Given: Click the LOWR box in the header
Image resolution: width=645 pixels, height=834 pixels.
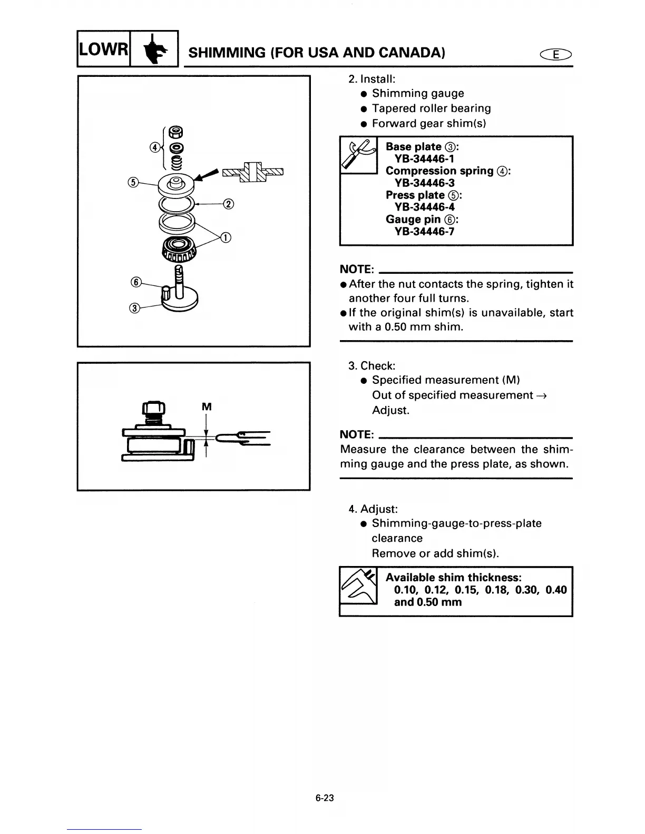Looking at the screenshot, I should (103, 49).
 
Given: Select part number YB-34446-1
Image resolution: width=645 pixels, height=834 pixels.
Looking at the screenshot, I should (424, 158).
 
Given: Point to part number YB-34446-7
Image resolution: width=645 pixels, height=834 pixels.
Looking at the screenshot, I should (424, 231).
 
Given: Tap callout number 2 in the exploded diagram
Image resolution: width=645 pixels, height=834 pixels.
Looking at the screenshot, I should (228, 204).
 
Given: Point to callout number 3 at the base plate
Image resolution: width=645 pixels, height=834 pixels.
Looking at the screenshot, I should (134, 308).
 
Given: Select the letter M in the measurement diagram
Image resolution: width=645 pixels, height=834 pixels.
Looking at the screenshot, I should (207, 406).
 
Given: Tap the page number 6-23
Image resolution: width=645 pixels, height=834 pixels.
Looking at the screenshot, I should (325, 798).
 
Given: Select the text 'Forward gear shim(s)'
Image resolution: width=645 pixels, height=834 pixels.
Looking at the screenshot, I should (428, 123).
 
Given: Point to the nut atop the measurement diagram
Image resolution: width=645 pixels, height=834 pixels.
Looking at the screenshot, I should (154, 408).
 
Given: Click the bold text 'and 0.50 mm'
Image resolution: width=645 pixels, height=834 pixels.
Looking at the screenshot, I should (427, 602).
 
